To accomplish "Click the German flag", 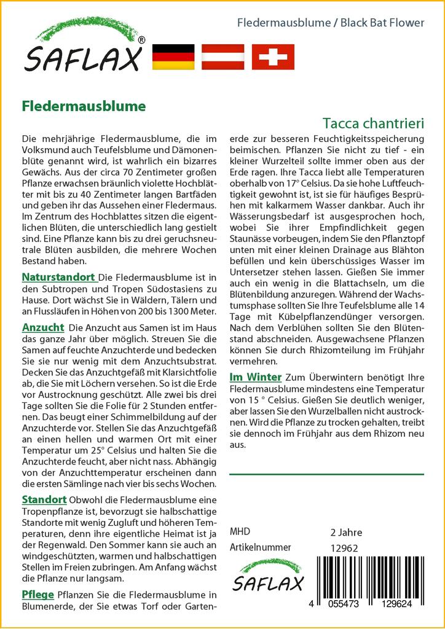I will pyautogui.click(x=173, y=57).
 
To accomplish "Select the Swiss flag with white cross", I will pyautogui.click(x=273, y=57).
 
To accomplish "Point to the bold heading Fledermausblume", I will pyautogui.click(x=84, y=106).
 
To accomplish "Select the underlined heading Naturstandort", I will pyautogui.click(x=58, y=277).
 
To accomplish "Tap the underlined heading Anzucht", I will pyautogui.click(x=43, y=327).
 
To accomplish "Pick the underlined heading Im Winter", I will pyautogui.click(x=255, y=377).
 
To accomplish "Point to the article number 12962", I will pyautogui.click(x=344, y=549).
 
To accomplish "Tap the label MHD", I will pyautogui.click(x=240, y=531).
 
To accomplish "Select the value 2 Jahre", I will pyautogui.click(x=346, y=532).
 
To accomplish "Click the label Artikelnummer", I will pyautogui.click(x=260, y=547).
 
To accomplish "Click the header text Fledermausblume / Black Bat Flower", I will pyautogui.click(x=331, y=23).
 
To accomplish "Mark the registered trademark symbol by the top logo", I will pyautogui.click(x=142, y=40).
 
